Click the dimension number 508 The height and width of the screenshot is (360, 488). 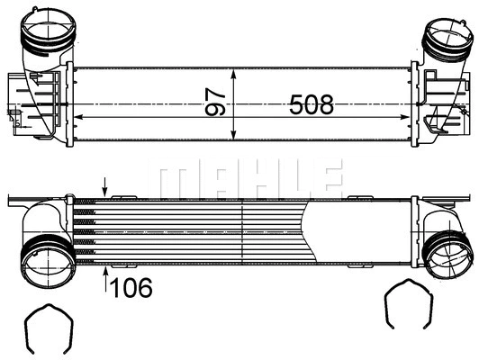(311, 105)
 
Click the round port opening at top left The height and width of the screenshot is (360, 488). (42, 35)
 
